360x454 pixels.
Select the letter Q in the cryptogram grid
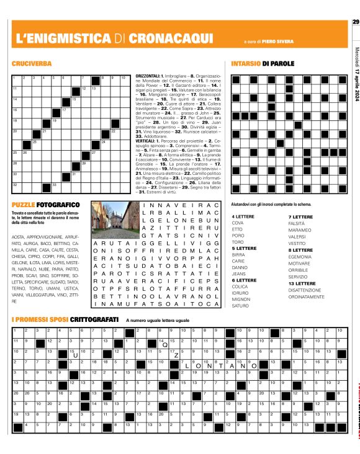(x=166, y=345)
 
